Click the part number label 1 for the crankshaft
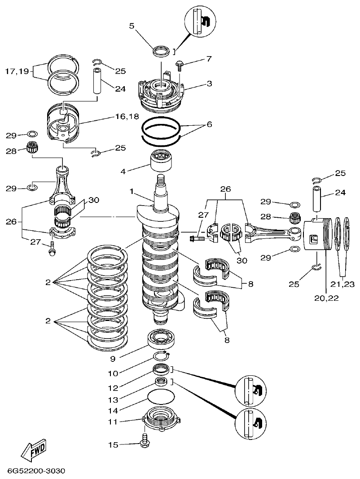click(x=132, y=191)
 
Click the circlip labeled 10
click(x=162, y=356)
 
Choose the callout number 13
click(x=114, y=400)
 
